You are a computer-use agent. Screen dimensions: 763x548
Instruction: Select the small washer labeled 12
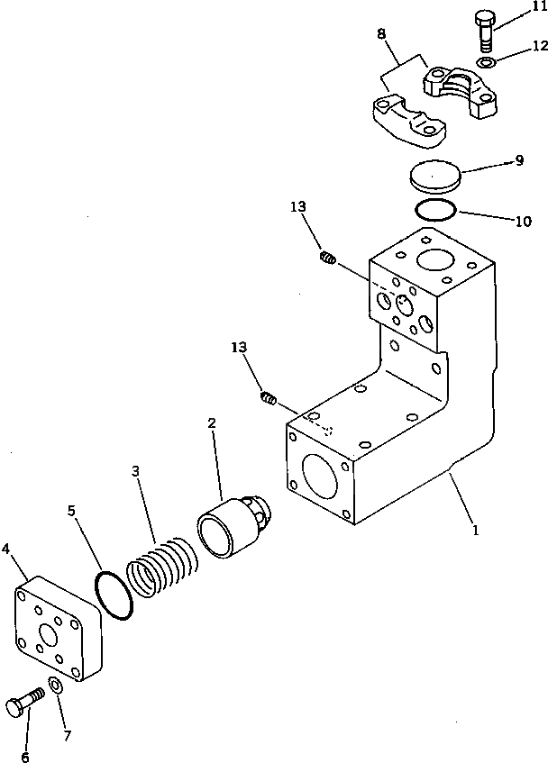[x=487, y=62]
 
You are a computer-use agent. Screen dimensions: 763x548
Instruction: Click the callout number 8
[x=382, y=34]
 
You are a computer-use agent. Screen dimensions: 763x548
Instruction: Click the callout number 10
[x=523, y=220]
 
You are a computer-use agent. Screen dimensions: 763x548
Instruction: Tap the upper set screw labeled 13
[x=328, y=259]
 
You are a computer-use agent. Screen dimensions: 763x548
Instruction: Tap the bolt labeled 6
[x=24, y=704]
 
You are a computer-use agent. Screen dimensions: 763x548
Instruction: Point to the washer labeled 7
[x=56, y=687]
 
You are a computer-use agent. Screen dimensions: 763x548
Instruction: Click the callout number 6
[x=25, y=756]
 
